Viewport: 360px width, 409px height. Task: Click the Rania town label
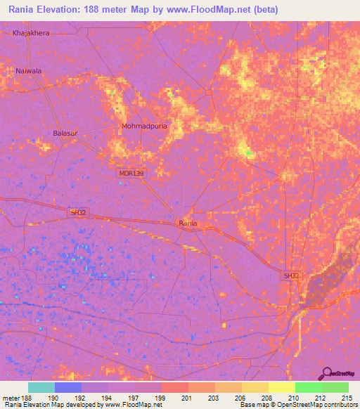188,223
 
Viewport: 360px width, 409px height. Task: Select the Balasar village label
65,132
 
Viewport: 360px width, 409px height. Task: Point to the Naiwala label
29,71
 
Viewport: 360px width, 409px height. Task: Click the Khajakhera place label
32,33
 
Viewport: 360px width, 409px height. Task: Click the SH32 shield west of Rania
78,212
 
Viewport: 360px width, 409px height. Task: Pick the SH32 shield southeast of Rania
291,276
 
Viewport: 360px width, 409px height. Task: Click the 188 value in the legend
25,398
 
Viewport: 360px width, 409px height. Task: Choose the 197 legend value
134,398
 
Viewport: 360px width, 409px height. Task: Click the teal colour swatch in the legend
41,387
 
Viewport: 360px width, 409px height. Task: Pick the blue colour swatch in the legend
68,387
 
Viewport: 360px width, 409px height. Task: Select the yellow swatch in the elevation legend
281,387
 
